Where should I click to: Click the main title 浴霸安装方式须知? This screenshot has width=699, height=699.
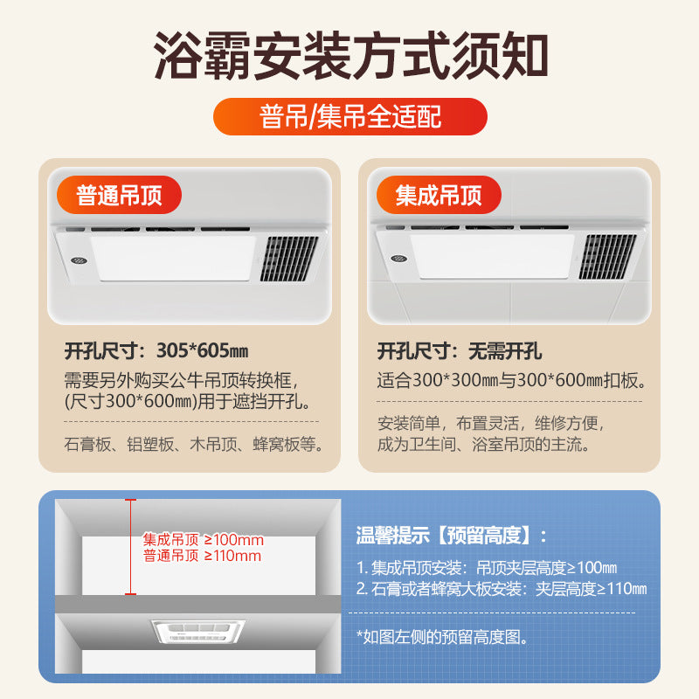point(349,55)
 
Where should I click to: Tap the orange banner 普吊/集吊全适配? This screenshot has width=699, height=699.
point(349,116)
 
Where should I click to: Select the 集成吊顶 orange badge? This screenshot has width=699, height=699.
point(438,194)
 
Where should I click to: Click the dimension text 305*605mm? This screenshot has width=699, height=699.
point(204,352)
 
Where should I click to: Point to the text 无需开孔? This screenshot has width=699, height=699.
point(505,352)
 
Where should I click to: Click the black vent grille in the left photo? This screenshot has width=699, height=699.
point(288,259)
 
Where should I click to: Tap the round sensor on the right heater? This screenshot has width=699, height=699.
point(398,259)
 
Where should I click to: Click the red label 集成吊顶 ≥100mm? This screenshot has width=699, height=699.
point(203,540)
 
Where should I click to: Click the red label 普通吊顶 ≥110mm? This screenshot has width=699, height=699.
point(203,556)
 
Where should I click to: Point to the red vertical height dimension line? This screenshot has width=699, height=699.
point(130,546)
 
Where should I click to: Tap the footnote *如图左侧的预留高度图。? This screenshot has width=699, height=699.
point(442,637)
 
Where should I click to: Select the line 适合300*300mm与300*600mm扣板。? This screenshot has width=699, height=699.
point(511,381)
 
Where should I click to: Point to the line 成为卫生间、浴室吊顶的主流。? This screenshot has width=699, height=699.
point(483,444)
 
